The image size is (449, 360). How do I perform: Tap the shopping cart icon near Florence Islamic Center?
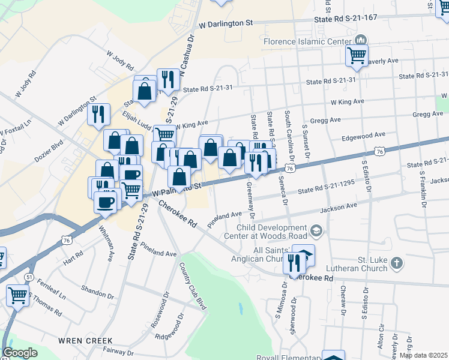pos(357,55)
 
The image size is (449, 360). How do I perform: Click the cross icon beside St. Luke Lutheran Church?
pos(396,263)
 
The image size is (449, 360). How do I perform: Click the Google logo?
pos(20,353)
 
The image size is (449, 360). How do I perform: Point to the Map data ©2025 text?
pos(423,355)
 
